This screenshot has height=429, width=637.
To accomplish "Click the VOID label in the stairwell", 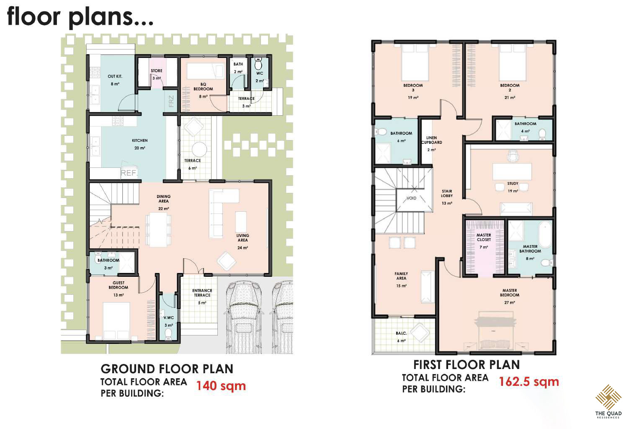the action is point(411,198).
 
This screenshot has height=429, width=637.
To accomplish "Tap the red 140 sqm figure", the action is point(221,386).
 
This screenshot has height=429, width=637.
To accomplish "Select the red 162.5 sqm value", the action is point(529,382).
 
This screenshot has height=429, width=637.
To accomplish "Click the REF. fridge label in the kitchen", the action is point(129,173).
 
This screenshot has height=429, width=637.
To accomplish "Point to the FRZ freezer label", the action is point(171,101).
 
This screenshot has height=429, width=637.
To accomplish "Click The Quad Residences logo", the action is point(608,401).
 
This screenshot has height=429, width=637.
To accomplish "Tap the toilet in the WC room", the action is point(258,64).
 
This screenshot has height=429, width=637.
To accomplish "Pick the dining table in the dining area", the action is point(158,229).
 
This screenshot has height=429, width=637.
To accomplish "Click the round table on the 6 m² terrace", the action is point(199,149).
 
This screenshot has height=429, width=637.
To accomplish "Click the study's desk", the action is point(512,171).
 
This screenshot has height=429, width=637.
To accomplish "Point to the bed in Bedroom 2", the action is point(513,62).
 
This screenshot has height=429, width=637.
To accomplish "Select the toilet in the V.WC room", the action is point(168,334).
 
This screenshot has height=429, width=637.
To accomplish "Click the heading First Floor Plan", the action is point(467,365).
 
